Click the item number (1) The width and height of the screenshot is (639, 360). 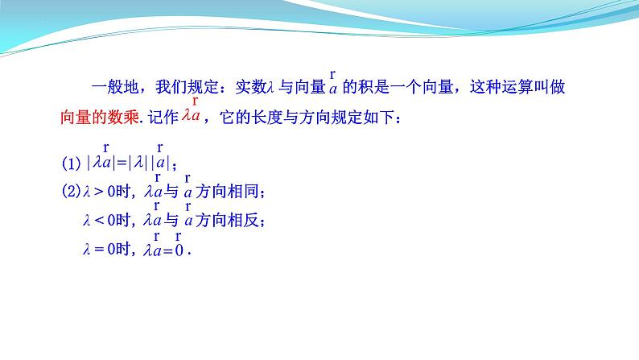coord(72,163)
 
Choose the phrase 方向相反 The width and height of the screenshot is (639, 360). coord(227,221)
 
